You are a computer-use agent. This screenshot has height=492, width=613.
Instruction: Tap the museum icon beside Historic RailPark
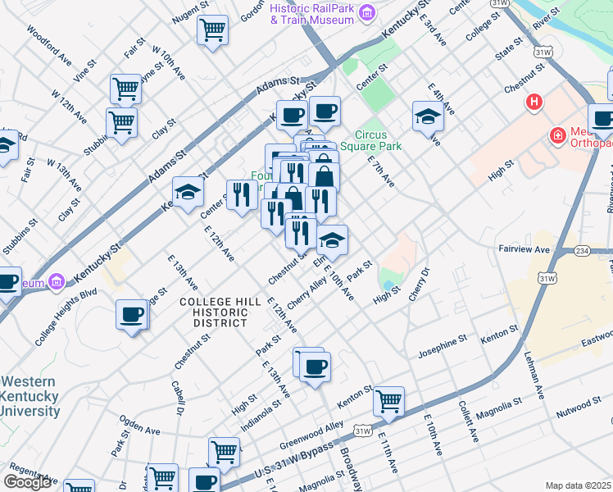click(x=366, y=11)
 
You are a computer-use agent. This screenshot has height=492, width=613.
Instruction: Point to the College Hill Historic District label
click(x=214, y=312)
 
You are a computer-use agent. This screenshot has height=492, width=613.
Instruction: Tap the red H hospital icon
click(x=534, y=103)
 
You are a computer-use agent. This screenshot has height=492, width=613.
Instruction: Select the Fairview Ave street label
click(x=523, y=248)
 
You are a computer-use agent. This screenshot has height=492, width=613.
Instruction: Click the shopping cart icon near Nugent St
click(x=212, y=30)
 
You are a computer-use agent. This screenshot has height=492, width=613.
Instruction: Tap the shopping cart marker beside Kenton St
click(x=388, y=401)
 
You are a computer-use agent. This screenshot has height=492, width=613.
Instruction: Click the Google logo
click(x=28, y=481)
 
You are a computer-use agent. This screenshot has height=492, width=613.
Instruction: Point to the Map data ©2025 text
click(x=578, y=485)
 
